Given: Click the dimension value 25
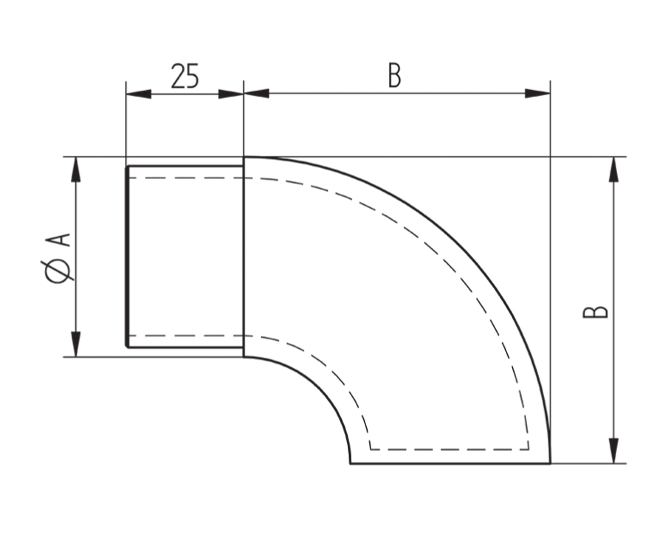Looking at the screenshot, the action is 185,76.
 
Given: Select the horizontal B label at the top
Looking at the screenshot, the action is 395,76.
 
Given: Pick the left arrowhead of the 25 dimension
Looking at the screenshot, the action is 139,94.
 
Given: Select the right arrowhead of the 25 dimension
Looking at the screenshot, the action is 231,94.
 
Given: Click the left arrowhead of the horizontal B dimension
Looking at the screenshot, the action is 256,93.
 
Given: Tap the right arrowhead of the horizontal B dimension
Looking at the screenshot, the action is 537,93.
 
